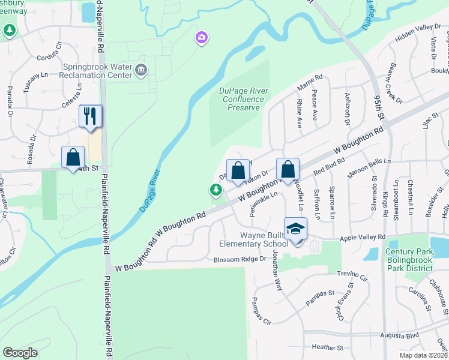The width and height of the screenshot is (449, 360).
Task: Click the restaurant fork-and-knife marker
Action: (x=91, y=116)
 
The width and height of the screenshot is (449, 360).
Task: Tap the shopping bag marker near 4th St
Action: (x=73, y=158)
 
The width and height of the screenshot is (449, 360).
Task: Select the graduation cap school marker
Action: (x=295, y=229)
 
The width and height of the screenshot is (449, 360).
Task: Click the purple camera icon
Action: (x=202, y=38)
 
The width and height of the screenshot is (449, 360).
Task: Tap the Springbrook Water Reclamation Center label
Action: (x=100, y=70)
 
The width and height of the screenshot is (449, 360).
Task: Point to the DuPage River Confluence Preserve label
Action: (x=244, y=99)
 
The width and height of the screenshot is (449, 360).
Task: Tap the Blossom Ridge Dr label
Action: (x=240, y=259)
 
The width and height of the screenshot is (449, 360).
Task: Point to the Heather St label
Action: (x=327, y=347)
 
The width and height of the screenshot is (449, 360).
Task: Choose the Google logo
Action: (x=20, y=353)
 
